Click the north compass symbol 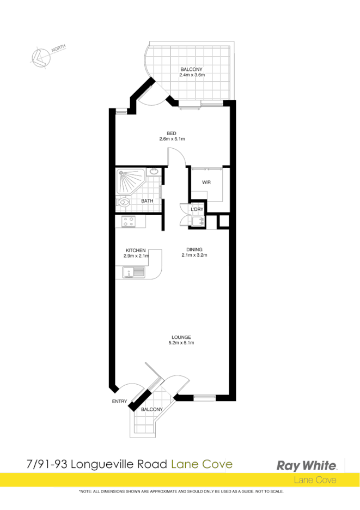[39, 57]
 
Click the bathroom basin [154, 173]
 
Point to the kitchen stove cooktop [128, 222]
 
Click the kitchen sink [132, 271]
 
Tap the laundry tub [197, 221]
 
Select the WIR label [206, 182]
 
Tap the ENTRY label [119, 402]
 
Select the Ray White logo [307, 465]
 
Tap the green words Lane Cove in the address [202, 465]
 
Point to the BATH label [147, 201]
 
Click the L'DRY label [197, 209]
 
